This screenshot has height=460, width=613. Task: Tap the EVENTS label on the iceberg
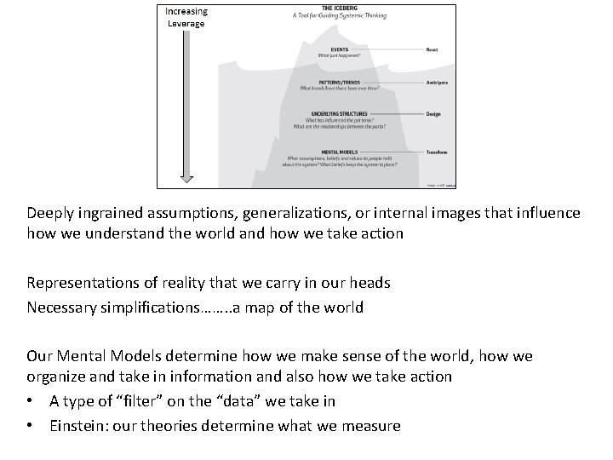[x=327, y=49]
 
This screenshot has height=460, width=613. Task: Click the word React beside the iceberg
[x=433, y=49]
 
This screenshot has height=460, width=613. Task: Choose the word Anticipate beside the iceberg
[x=438, y=83]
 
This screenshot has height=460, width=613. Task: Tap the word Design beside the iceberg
[x=434, y=113]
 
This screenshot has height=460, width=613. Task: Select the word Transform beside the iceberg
[x=438, y=152]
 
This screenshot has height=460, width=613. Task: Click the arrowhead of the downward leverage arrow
[x=186, y=179]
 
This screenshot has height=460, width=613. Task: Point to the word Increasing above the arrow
[x=186, y=11]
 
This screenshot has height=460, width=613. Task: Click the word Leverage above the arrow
[x=186, y=24]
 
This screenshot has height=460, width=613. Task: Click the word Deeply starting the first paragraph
[x=50, y=213]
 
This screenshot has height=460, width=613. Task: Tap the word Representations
[x=83, y=283]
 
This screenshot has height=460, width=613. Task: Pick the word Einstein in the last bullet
[x=78, y=425]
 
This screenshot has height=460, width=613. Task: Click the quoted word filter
[x=140, y=401]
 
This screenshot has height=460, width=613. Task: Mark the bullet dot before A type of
[x=31, y=401]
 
